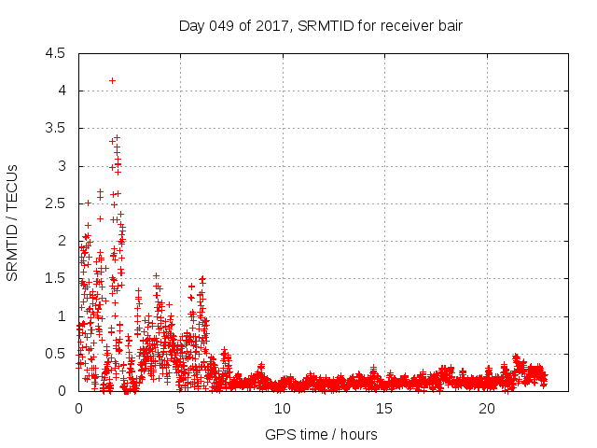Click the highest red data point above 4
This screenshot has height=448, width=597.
[112, 80]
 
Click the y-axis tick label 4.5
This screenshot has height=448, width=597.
[55, 53]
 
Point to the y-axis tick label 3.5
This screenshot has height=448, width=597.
[55, 129]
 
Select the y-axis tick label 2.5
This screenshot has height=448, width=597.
[55, 203]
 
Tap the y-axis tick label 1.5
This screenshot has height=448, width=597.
[55, 278]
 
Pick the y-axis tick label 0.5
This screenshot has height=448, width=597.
[55, 354]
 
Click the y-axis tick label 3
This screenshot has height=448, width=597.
[61, 166]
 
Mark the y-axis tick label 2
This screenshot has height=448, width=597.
[61, 241]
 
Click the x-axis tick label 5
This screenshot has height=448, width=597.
[180, 409]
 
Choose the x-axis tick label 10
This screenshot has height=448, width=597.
[282, 409]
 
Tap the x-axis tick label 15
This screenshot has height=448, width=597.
[384, 409]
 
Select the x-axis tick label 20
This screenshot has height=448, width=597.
[486, 409]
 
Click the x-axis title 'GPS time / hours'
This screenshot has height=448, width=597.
[321, 434]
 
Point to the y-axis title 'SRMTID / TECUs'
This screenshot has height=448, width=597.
[13, 222]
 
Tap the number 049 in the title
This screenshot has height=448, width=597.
[220, 25]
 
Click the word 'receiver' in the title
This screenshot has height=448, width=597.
[403, 25]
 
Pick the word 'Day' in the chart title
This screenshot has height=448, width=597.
[191, 25]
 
